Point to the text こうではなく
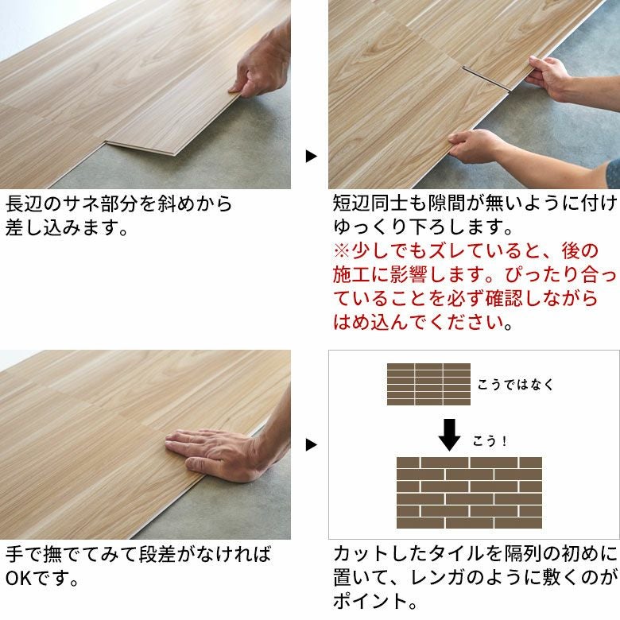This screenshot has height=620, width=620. click(x=515, y=385)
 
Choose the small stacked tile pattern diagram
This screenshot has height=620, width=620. click(x=428, y=384)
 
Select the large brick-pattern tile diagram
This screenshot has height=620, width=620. click(x=469, y=493)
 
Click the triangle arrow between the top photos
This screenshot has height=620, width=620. click(x=311, y=157)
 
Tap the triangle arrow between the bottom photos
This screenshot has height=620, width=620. click(x=311, y=444)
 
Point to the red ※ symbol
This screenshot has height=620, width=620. click(x=342, y=251)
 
